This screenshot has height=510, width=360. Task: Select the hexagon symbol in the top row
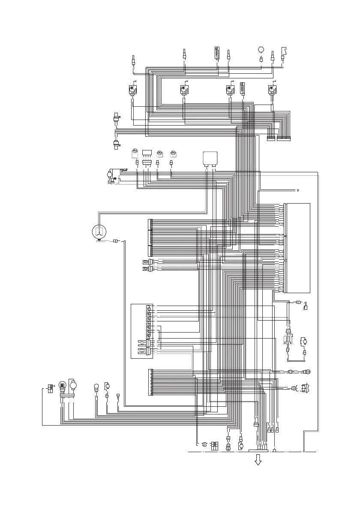click(261, 49)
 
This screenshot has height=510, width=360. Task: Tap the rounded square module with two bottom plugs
click(210, 158)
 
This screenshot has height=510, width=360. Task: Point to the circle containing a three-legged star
click(99, 231)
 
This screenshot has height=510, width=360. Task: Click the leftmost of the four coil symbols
click(133, 90)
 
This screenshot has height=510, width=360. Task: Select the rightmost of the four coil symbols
click(272, 90)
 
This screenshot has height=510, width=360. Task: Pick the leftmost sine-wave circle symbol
click(134, 151)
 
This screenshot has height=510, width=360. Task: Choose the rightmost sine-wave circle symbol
click(174, 153)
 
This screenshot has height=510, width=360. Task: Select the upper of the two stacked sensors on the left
click(116, 118)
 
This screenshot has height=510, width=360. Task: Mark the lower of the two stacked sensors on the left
click(116, 144)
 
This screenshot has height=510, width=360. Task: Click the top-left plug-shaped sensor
click(134, 60)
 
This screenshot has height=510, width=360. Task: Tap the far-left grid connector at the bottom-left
click(50, 389)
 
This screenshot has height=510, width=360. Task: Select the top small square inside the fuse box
click(148, 307)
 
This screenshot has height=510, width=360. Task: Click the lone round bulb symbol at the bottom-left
click(96, 387)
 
